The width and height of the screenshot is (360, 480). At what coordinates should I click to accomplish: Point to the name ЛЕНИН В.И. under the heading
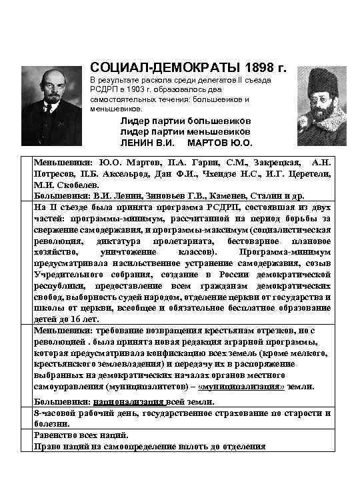(x=147, y=143)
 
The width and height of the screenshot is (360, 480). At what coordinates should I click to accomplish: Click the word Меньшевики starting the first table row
(x=65, y=162)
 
